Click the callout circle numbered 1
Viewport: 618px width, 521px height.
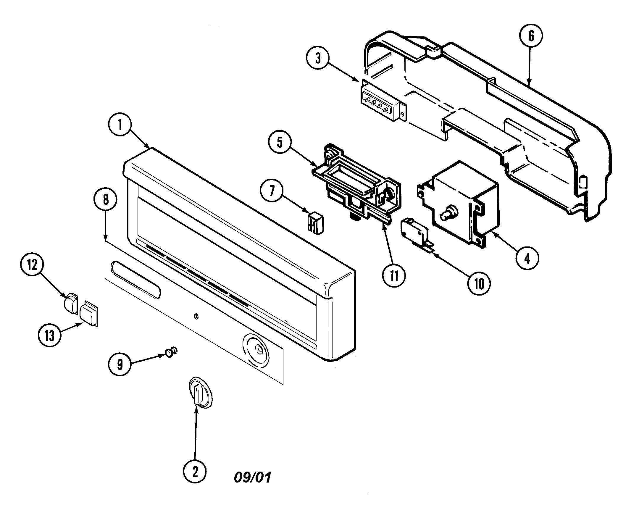coord(120,125)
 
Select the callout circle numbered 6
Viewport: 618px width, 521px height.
coord(531,36)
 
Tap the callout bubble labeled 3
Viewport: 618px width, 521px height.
coord(318,59)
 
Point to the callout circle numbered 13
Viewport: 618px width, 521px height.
coord(50,335)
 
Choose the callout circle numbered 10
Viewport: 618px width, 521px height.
coord(479,284)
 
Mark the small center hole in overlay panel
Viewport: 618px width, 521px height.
coord(195,317)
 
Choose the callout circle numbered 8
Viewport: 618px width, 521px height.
coord(106,200)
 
